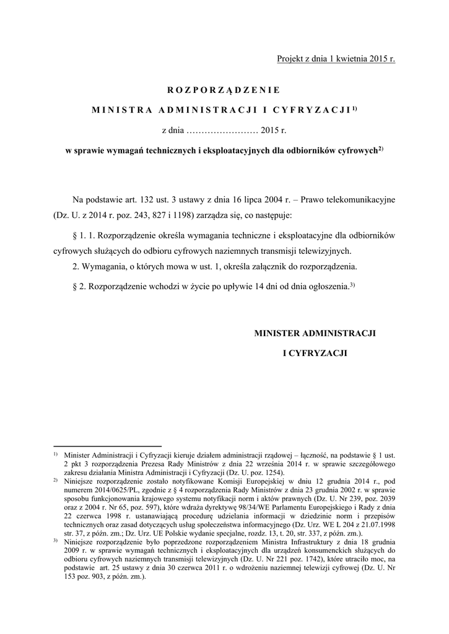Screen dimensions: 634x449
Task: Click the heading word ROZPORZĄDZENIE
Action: tap(224, 89)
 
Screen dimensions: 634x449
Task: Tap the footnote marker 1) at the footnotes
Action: tap(55, 454)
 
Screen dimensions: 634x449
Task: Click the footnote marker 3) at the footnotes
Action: tap(55, 541)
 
